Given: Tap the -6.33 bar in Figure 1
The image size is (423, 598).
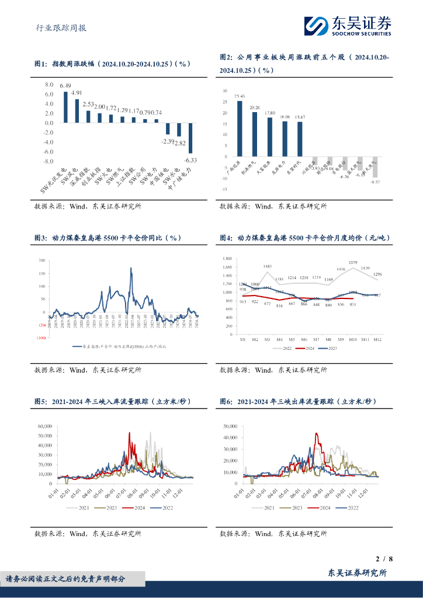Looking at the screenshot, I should point(190,138).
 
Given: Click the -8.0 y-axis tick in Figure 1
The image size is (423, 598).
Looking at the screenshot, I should point(49,161).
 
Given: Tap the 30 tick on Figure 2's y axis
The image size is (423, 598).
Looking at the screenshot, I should point(225,92).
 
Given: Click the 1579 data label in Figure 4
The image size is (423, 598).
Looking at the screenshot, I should point(353,263).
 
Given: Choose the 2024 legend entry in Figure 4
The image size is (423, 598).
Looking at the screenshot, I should point(304,348).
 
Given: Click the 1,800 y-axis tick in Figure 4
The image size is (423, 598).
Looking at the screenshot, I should point(228,259).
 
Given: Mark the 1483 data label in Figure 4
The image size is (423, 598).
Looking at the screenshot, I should point(268,267).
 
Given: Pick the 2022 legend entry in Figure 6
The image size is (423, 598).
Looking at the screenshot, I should point(349,509).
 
